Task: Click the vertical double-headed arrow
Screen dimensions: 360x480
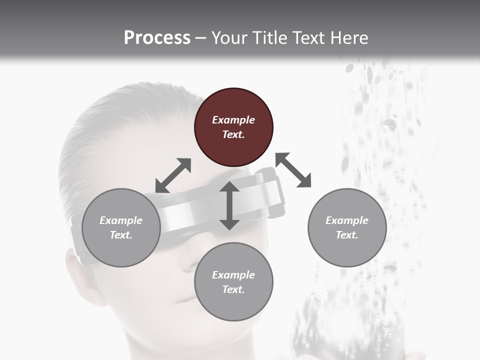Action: (x=229, y=205)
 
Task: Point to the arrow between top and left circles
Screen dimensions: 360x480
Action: (x=173, y=175)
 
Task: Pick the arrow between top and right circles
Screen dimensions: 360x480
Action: (x=293, y=170)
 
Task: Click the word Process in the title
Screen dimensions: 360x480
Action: (x=157, y=37)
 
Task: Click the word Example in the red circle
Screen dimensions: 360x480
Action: (x=233, y=120)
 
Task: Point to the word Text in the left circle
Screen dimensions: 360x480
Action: (x=121, y=235)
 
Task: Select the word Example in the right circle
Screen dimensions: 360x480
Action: (x=347, y=220)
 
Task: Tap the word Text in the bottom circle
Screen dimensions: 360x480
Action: (x=233, y=289)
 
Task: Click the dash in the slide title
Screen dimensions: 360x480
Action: (x=200, y=38)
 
